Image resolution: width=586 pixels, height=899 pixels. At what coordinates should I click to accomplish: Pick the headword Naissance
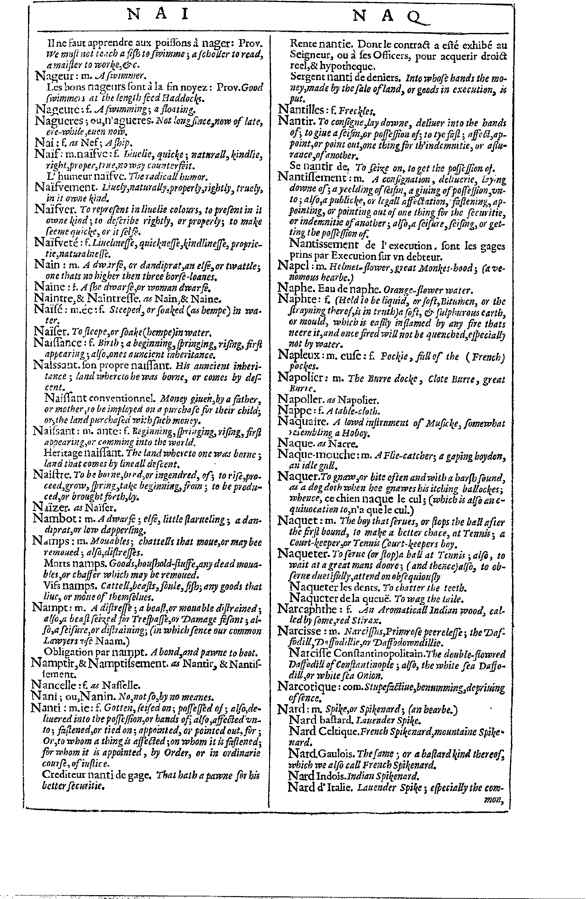57,343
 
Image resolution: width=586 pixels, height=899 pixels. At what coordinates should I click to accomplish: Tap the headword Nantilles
300,110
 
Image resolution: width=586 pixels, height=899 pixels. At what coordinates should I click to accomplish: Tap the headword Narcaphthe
307,609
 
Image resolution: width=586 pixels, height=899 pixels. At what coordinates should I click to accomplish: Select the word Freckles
356,111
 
